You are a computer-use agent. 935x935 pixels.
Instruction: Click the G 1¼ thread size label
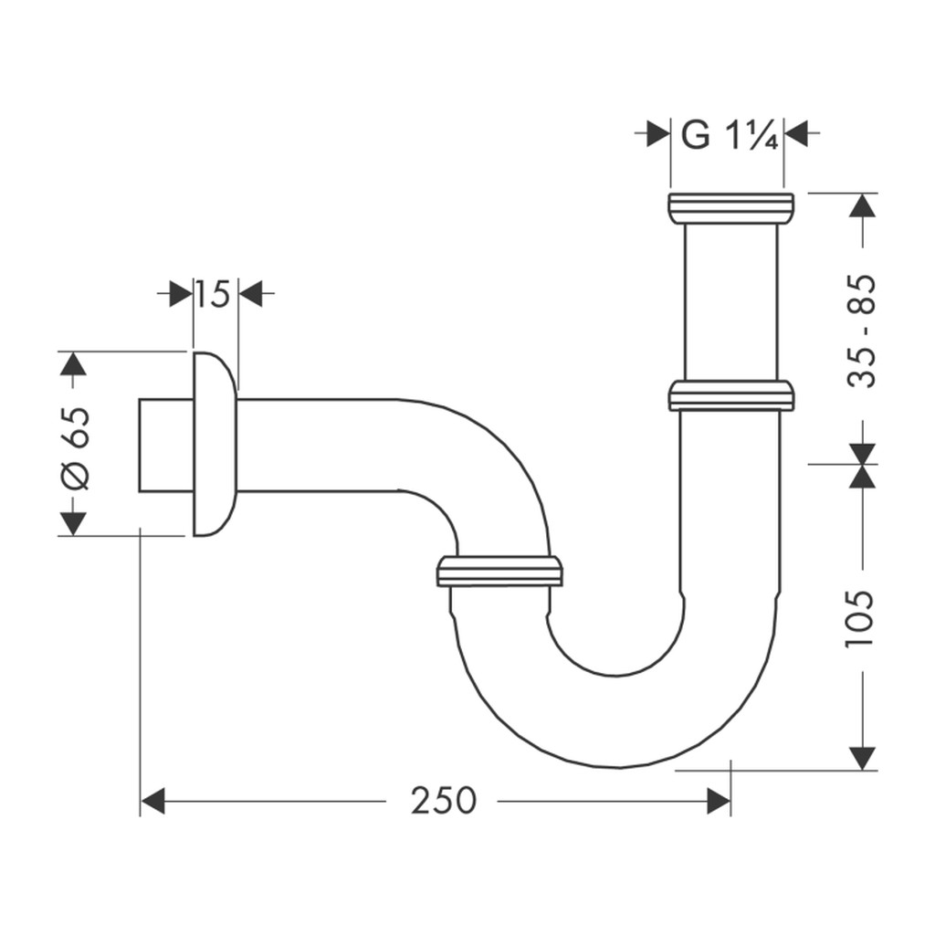point(730,135)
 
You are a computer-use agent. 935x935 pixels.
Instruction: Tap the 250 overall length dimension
point(443,801)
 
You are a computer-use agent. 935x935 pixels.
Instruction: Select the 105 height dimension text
point(860,618)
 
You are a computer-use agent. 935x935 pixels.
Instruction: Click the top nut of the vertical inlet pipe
point(731,208)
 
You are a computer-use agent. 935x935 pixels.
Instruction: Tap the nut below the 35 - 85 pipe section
point(730,395)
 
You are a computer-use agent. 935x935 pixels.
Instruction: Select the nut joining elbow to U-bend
point(499,572)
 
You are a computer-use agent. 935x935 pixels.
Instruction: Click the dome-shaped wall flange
point(215,445)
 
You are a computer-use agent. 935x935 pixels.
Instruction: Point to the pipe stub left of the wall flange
point(166,446)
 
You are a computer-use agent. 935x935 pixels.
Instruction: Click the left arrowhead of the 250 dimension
point(152,801)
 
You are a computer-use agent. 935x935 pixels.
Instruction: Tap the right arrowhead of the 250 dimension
point(719,801)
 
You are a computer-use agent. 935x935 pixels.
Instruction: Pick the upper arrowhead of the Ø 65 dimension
point(73,363)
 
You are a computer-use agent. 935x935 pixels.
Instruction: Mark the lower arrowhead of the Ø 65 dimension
point(73,524)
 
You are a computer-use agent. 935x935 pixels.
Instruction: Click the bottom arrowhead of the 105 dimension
point(862,758)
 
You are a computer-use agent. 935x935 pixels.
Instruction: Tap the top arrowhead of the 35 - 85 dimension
point(862,205)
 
